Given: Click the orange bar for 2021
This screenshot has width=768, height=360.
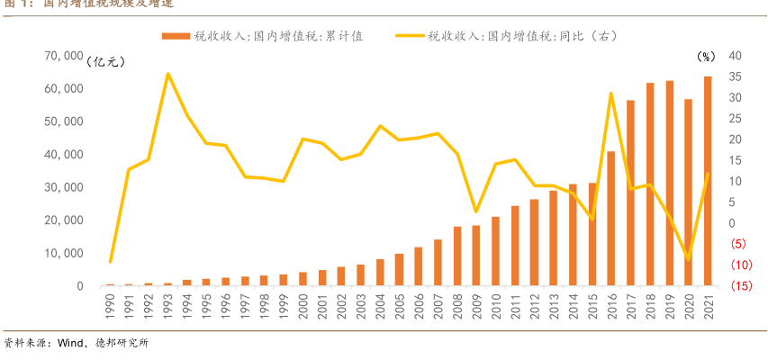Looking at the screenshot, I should coord(708,181).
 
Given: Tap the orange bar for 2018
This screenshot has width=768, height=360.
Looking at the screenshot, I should coord(649,184).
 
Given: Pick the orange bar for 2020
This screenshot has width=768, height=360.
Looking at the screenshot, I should coord(688,193).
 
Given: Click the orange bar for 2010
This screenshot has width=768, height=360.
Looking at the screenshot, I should coord(494,251).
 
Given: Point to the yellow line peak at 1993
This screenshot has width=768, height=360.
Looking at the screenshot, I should coord(167,74).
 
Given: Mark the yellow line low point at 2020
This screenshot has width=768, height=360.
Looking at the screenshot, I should coord(688,259).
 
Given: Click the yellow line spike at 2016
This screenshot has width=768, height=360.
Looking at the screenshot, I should coord(610,94).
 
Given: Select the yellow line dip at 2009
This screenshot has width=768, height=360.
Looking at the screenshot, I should coord(475,211).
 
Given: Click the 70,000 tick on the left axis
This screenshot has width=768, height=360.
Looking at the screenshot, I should coord(62,56).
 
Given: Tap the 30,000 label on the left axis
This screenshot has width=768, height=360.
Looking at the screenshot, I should coord(62,187).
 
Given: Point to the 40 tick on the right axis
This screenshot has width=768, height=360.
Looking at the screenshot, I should coord(709,56).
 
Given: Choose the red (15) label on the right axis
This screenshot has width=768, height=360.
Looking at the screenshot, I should coord(717,286).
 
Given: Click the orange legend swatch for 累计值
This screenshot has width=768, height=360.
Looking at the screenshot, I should coord(176,36).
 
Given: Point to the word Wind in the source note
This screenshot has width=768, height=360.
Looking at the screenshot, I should coord(69,343).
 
